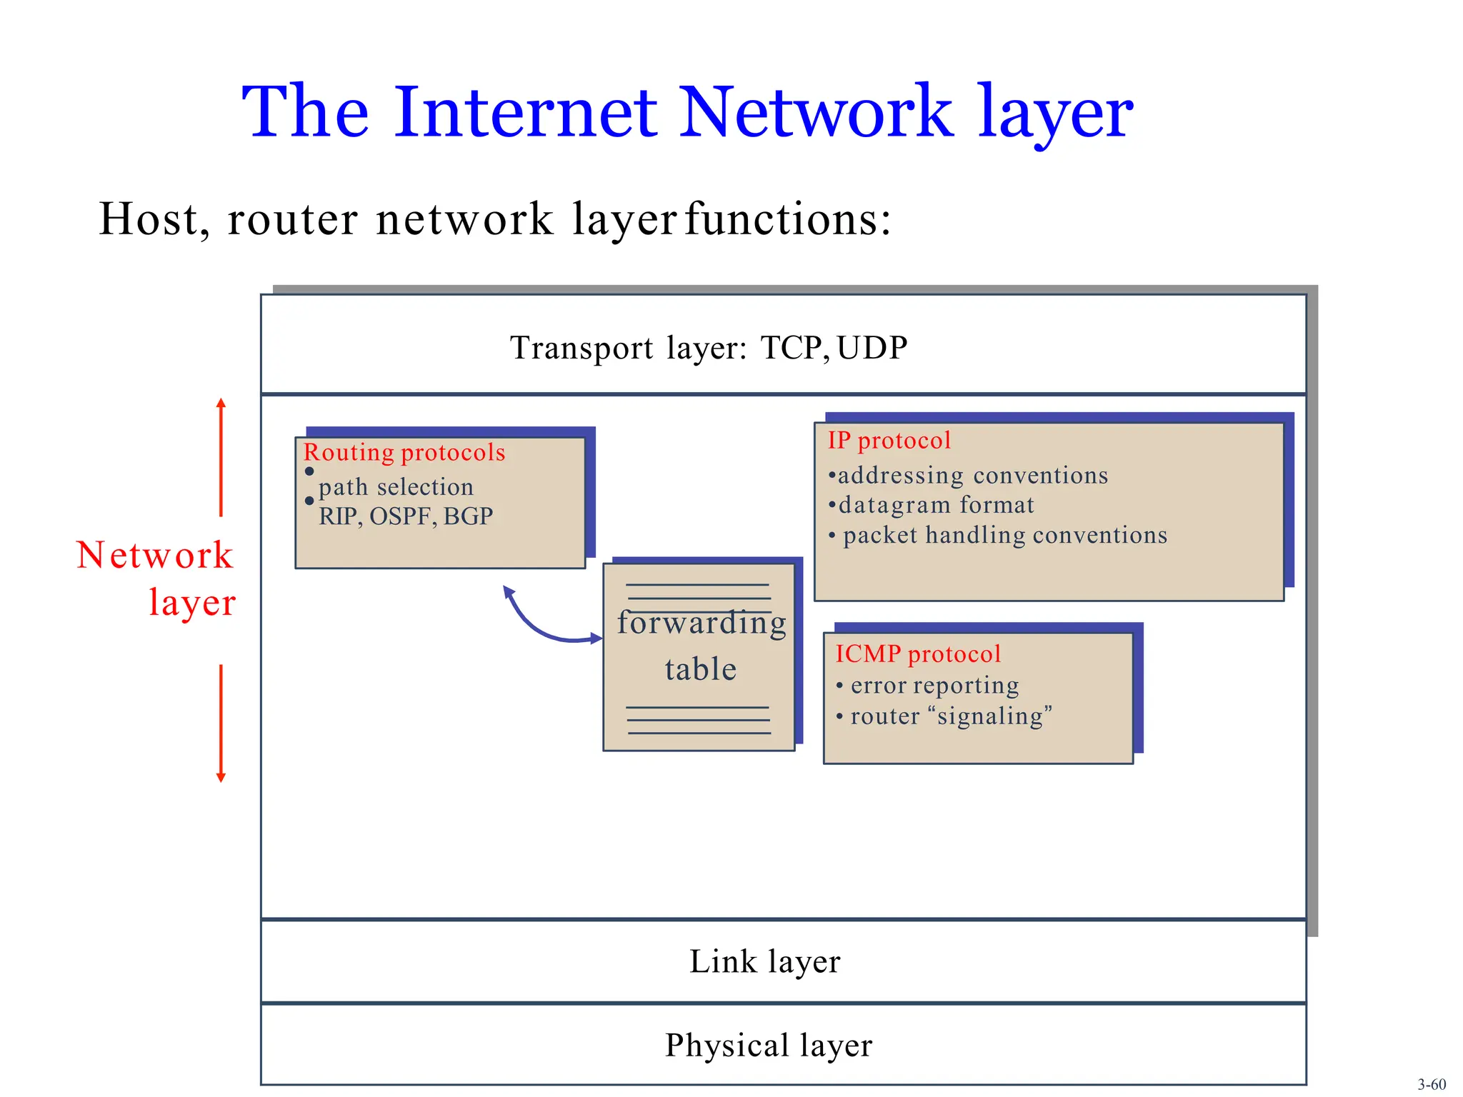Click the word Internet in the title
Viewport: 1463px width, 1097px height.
(x=525, y=112)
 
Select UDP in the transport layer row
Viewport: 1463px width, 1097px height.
(x=872, y=348)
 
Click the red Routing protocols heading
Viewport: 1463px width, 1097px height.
(x=404, y=452)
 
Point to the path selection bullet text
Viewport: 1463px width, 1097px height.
(x=396, y=487)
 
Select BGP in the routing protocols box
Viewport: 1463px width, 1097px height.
(x=468, y=516)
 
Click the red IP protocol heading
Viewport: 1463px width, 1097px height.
(x=889, y=441)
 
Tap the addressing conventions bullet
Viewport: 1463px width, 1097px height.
(x=972, y=476)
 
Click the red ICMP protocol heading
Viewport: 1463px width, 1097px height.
(x=918, y=653)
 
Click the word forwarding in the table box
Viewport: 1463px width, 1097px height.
(x=701, y=623)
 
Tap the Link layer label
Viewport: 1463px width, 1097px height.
(x=764, y=961)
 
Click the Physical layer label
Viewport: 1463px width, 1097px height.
(x=769, y=1045)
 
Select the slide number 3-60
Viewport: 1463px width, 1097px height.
(x=1431, y=1084)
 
